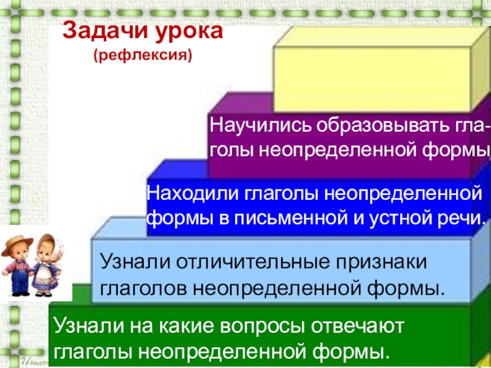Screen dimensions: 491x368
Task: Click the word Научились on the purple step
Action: tap(261, 126)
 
